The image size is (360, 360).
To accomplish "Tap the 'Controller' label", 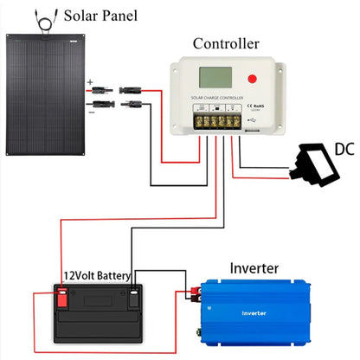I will (x=225, y=43).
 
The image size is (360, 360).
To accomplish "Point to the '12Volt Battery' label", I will (x=96, y=277).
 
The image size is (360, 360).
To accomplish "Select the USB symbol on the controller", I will (x=252, y=119).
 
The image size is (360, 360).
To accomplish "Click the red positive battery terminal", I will (x=62, y=301).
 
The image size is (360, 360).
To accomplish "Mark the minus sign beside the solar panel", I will (x=89, y=111).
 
